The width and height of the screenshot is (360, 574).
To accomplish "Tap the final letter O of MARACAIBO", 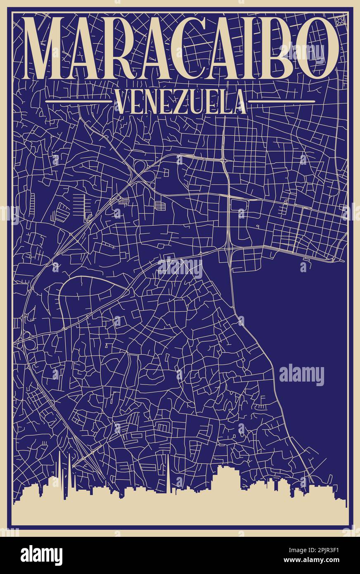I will click(318, 49).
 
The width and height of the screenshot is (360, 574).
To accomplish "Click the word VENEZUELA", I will click(180, 102).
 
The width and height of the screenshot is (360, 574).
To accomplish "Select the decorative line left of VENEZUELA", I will click(78, 101).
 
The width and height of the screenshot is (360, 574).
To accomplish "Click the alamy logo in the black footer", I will click(41, 555).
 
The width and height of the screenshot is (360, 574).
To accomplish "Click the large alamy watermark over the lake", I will click(302, 375).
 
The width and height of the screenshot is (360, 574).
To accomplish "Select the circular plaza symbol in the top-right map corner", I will click(340, 21).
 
